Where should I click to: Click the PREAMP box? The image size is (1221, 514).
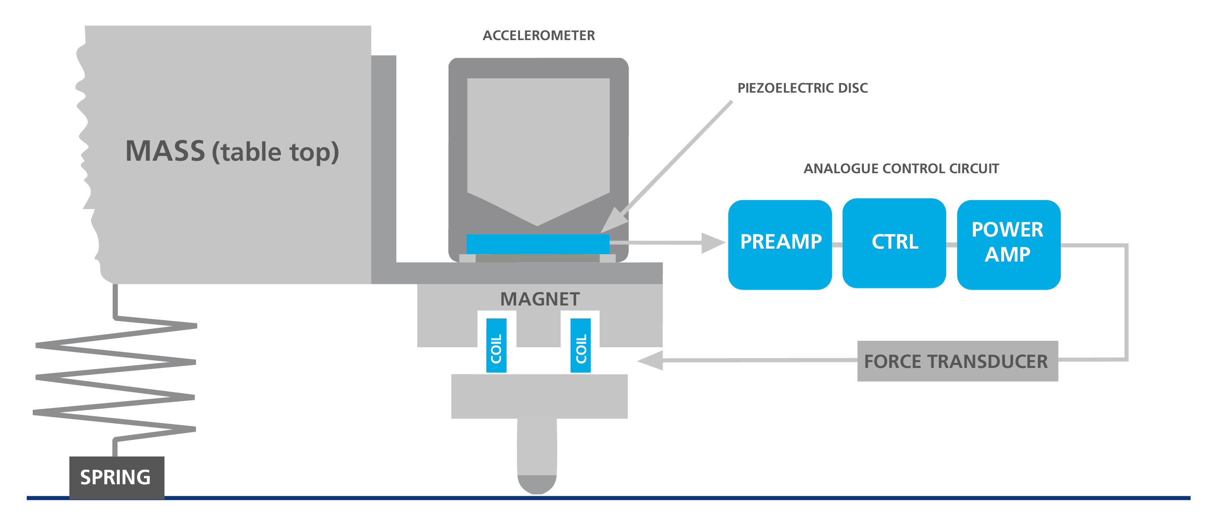pos(780,244)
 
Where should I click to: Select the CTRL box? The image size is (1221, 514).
pos(894,243)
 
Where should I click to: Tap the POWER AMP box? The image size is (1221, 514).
pos(1008,244)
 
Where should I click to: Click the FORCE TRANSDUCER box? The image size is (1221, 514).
pos(957,361)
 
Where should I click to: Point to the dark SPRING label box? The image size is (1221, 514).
pos(117,477)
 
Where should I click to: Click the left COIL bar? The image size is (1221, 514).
pos(496,345)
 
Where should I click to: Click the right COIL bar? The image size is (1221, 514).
pos(580,345)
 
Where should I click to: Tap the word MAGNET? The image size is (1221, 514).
pos(540,299)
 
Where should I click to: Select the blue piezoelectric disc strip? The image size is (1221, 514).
pos(538,244)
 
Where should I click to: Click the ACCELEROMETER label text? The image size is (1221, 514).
pos(539,36)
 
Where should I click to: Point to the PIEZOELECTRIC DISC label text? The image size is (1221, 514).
pos(802,88)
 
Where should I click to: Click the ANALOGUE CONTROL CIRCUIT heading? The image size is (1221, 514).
pos(901,168)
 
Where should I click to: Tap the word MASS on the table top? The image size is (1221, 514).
pos(165,151)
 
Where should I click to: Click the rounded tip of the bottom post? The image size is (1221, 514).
pos(536,485)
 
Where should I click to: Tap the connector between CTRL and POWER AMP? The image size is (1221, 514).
pos(951,245)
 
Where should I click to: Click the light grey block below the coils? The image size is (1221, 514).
pos(539,396)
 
